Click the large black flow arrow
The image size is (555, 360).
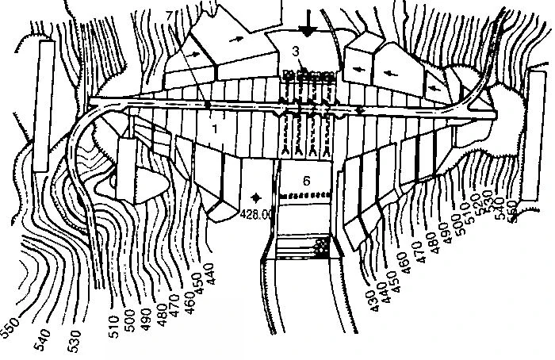pyautogui.click(x=310, y=22)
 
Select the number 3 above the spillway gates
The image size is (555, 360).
pyautogui.click(x=295, y=52)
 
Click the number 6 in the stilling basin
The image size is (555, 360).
pyautogui.click(x=307, y=179)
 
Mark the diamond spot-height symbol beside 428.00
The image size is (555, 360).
pyautogui.click(x=255, y=195)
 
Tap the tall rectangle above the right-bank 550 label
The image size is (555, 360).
pyautogui.click(x=534, y=134)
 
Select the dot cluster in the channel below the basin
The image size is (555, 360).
pyautogui.click(x=320, y=247)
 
